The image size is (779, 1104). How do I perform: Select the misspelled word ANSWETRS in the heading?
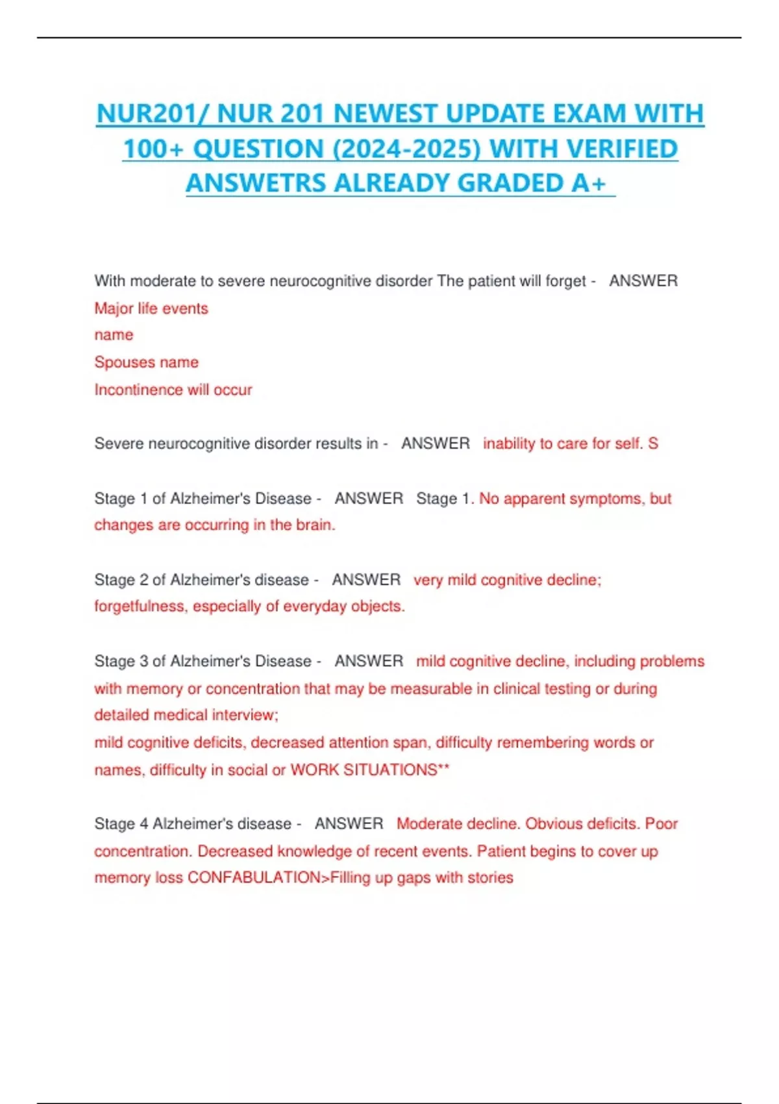[256, 183]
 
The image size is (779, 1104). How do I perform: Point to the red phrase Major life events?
[151, 308]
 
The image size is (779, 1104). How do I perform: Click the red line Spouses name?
[146, 362]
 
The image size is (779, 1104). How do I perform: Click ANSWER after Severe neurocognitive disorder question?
[435, 444]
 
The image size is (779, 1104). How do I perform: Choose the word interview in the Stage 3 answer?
[245, 715]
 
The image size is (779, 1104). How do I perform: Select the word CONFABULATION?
[254, 878]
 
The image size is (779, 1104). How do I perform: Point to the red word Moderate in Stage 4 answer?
[426, 824]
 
